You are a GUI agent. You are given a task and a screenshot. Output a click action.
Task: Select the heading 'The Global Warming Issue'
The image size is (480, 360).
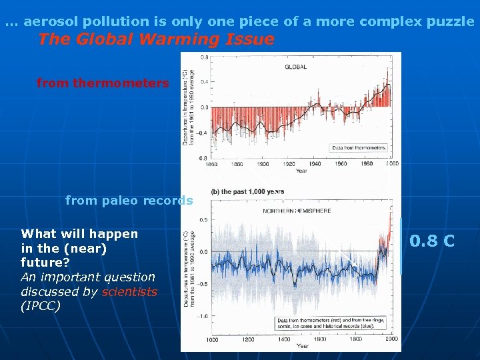click(156, 39)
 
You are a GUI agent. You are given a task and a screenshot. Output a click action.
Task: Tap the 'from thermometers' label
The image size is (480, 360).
click(103, 83)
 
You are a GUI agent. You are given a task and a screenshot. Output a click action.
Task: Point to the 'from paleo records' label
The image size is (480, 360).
click(129, 201)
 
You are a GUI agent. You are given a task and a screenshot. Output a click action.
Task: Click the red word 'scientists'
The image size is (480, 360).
click(129, 291)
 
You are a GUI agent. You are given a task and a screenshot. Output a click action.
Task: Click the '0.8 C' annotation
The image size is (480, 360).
click(432, 241)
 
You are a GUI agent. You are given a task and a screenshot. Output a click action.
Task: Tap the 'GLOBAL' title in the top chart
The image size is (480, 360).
click(296, 67)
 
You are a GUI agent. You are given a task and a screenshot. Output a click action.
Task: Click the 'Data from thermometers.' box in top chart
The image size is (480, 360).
click(359, 147)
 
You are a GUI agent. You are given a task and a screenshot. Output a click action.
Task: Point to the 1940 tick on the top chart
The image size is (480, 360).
click(315, 163)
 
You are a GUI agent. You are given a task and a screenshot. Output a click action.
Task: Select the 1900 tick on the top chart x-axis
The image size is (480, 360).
click(263, 163)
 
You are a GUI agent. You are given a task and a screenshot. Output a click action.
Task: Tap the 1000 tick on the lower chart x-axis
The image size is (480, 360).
click(211, 339)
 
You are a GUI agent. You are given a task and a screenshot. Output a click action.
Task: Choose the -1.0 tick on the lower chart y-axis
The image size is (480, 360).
click(200, 317)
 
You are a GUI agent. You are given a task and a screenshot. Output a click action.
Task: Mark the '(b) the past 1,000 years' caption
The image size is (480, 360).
click(247, 192)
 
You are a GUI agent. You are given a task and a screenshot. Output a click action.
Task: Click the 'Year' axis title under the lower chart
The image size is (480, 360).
click(302, 346)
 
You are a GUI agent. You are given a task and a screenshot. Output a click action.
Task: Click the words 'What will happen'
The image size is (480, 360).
click(79, 234)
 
